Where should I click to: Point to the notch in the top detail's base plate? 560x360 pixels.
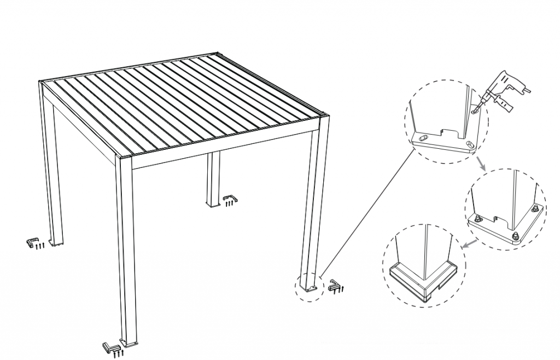449,133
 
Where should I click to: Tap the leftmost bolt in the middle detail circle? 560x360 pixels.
477,219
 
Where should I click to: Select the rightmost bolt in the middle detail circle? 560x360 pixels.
535,208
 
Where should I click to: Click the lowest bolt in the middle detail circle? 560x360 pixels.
516,236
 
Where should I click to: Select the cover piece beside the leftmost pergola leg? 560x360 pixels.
33,241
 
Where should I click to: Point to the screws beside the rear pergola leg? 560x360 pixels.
230,204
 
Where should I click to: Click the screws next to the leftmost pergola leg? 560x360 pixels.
39,247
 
